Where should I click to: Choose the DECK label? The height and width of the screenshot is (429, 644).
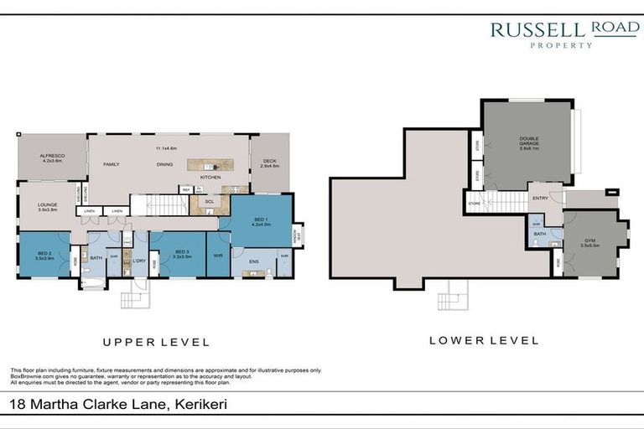click(x=269, y=162)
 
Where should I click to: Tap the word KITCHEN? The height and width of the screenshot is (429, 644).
click(x=210, y=178)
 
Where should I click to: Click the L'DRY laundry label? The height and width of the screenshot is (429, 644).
click(x=139, y=261)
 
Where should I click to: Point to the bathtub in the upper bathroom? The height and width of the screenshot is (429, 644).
click(x=93, y=285)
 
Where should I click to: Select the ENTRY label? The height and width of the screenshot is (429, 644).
click(x=541, y=199)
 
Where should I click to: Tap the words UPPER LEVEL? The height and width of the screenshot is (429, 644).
click(x=155, y=342)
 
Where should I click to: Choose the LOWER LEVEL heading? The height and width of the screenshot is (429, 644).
click(x=483, y=340)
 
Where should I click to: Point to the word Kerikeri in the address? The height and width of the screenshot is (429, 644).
click(x=198, y=405)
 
